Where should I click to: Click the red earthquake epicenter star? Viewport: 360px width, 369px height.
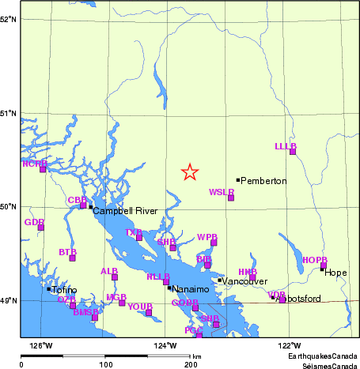189,172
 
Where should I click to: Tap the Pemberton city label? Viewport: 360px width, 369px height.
263,181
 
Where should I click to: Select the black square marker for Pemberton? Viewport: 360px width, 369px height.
237,180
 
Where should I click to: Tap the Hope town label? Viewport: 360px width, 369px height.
335,273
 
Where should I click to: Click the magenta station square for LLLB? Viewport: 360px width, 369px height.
293,151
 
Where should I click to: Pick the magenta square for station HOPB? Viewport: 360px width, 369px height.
324,265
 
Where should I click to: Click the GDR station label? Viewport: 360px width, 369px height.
33,222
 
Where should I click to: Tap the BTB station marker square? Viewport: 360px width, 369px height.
72,258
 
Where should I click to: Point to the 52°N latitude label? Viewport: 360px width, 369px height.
9,18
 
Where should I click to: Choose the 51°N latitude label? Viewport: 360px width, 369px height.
9,113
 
